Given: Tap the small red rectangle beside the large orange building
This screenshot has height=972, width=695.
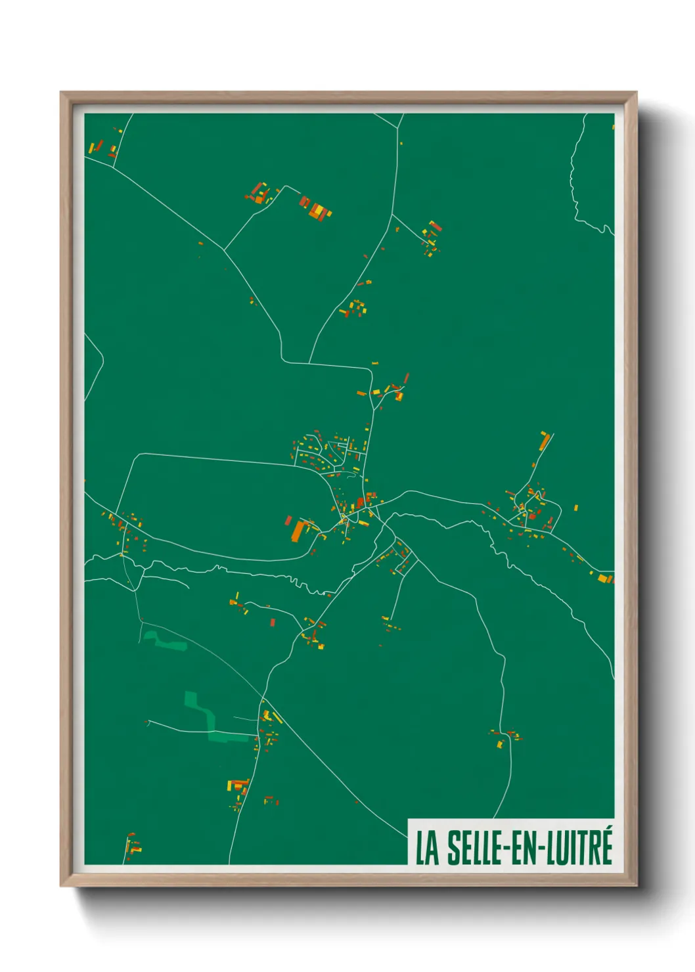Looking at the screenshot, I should tap(288, 520).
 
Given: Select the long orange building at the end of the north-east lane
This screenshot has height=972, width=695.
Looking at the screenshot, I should tap(544, 441).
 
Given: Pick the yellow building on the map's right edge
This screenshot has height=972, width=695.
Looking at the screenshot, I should tap(604, 578).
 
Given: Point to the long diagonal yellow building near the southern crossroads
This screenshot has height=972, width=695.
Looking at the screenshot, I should tap(277, 717).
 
